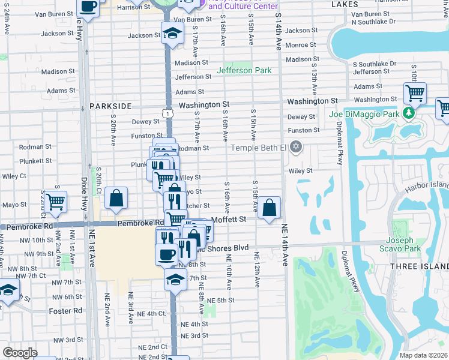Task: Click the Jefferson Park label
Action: pos(244,70)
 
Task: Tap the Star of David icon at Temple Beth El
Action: pos(295,147)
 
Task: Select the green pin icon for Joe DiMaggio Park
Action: pos(409,113)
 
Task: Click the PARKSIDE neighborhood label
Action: pos(110,106)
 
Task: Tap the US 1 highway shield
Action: pos(169,113)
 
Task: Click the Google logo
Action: pos(20,353)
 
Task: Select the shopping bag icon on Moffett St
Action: pos(271,209)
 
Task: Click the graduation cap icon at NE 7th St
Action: pos(175,279)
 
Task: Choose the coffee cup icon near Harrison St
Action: pos(88,7)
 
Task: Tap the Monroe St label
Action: pos(301,45)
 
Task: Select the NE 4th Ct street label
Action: pos(151,313)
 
